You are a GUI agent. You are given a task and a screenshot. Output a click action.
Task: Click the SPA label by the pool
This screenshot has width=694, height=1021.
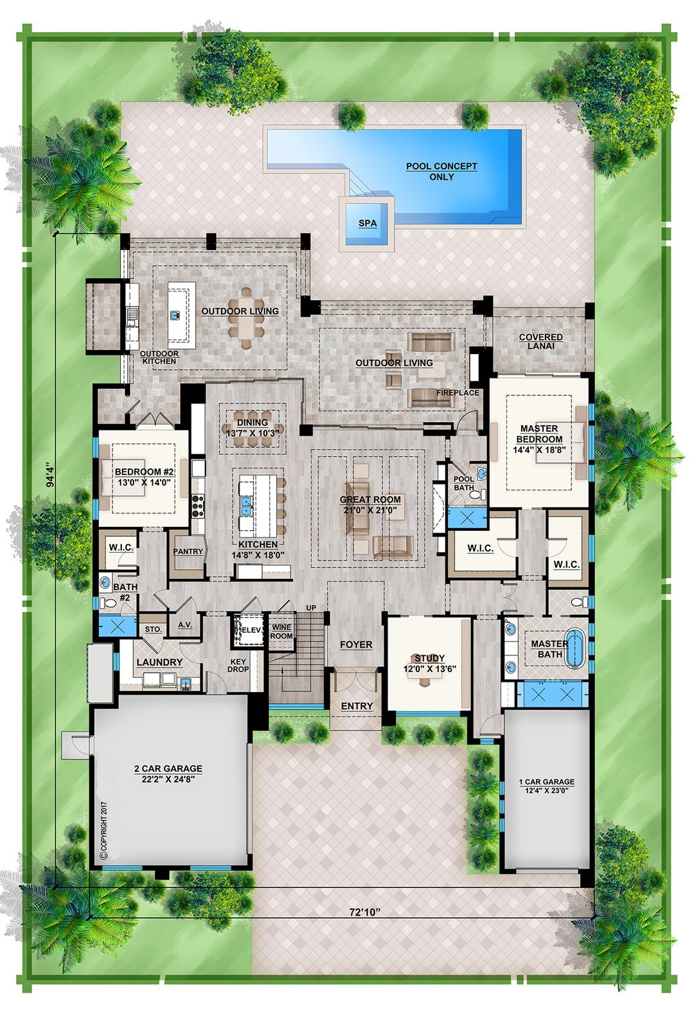[x=368, y=224]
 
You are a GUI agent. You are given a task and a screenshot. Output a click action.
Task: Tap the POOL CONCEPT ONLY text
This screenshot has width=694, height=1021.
[x=441, y=171]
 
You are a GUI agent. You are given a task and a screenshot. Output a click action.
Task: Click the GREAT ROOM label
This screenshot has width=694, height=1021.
[x=370, y=505]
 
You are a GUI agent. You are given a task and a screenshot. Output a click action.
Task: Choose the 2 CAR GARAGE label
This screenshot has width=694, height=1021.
[x=168, y=773]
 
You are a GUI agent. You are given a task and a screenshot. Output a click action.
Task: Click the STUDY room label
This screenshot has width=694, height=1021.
[x=429, y=662]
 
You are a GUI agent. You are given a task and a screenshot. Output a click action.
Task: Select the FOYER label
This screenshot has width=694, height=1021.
[x=356, y=644]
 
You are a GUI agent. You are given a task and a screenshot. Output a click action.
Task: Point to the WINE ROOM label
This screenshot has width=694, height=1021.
[x=281, y=632]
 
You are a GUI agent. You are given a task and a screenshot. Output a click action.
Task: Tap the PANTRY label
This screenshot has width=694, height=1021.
[x=188, y=551]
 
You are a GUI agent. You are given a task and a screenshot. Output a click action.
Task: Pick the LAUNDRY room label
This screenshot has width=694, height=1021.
[x=159, y=662]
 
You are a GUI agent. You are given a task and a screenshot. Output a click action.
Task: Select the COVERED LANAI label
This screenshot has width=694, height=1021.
[x=540, y=341]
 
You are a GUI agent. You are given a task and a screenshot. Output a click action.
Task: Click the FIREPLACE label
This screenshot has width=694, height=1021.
[x=458, y=393]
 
